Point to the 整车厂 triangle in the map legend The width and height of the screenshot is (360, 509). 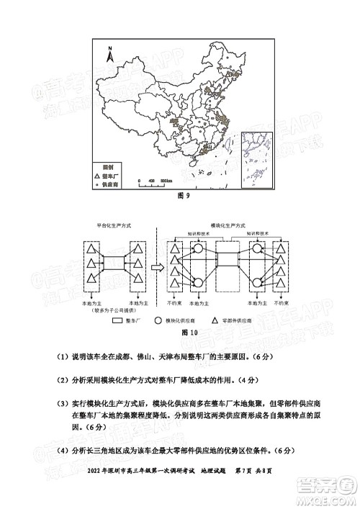98,175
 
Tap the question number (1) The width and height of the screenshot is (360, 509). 56,357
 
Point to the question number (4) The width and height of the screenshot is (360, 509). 56,451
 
